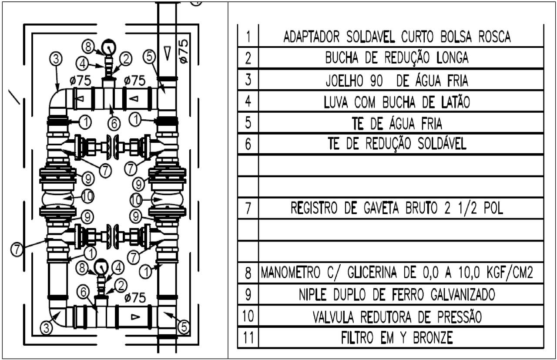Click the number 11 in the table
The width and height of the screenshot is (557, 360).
click(x=247, y=337)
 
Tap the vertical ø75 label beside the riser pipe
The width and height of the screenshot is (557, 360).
click(x=184, y=52)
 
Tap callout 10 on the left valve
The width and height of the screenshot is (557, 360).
click(x=87, y=196)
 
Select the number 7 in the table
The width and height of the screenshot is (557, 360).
click(x=247, y=209)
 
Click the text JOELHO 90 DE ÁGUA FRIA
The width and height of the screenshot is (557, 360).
click(x=396, y=81)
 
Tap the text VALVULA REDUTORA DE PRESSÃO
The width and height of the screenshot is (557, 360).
click(x=396, y=317)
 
